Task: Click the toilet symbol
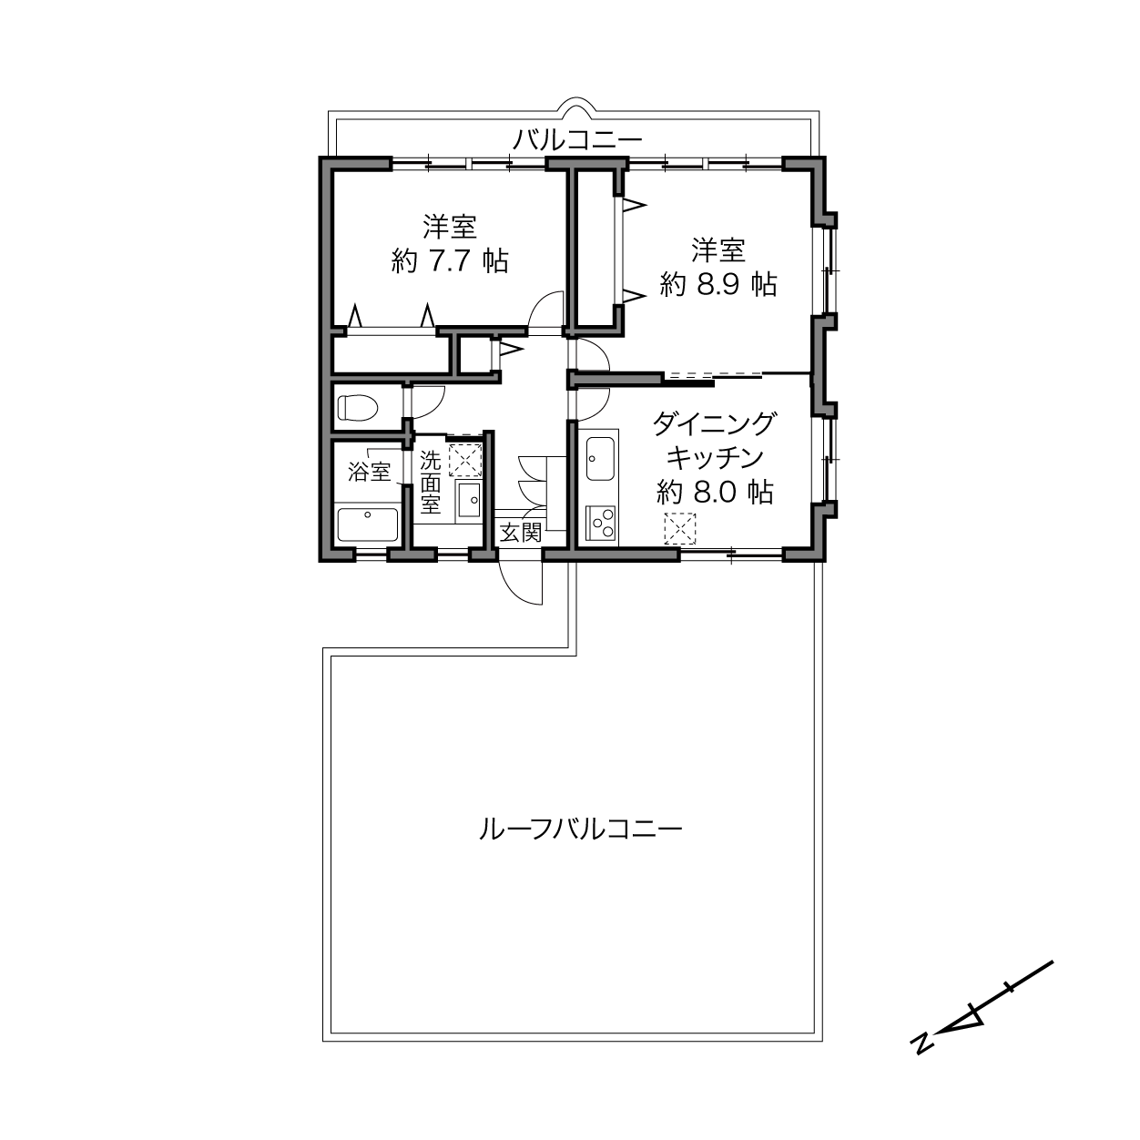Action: point(357,408)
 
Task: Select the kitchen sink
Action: point(600,459)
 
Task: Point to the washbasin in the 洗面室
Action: point(469,500)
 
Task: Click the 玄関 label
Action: point(521,533)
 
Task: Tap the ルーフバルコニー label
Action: point(580,830)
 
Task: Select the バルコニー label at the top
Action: point(576,140)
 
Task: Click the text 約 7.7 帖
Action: point(450,260)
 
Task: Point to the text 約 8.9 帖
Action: point(718,285)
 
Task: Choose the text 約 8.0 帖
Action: point(716,491)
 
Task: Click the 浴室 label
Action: point(369,472)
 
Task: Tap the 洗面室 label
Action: point(431,483)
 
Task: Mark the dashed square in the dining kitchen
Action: point(680,528)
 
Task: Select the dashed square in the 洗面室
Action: point(465,460)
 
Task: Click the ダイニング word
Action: point(714,423)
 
